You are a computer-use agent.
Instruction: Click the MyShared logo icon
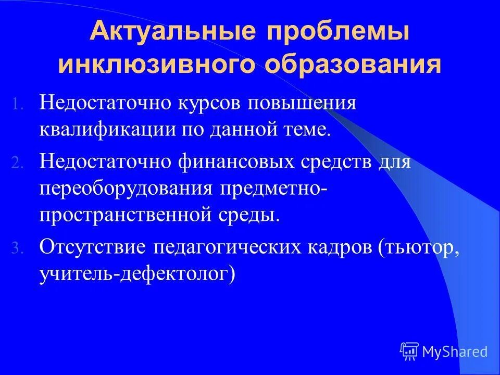point(409,352)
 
